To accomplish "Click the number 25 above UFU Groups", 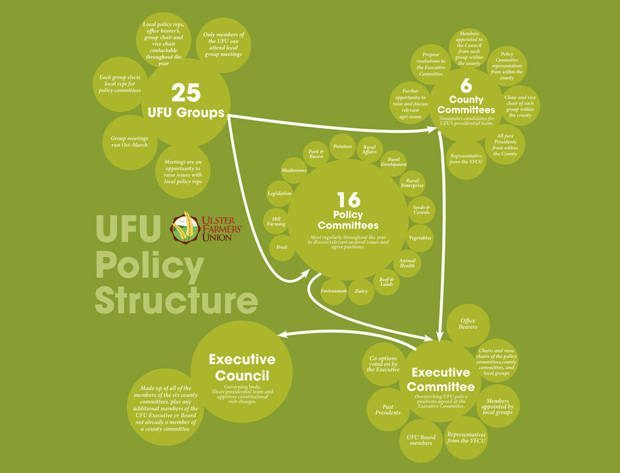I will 185,92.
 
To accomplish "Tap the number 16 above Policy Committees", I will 348,200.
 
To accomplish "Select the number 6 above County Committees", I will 466,86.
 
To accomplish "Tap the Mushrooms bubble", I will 294,171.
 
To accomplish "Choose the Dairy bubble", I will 361,292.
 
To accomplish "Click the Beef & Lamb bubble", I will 386,282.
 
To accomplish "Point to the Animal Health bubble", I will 407,263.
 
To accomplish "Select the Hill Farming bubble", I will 276,221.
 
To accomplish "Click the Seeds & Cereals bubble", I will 421,210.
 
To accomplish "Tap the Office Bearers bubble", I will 468,324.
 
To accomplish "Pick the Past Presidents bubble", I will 388,410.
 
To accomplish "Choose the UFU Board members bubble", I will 421,440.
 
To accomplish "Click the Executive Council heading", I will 242,367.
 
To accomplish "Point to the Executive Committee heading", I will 441,380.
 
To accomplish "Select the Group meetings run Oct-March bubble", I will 129,142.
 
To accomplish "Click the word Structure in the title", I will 176,301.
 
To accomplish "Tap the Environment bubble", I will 334,292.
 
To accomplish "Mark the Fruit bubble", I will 282,247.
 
